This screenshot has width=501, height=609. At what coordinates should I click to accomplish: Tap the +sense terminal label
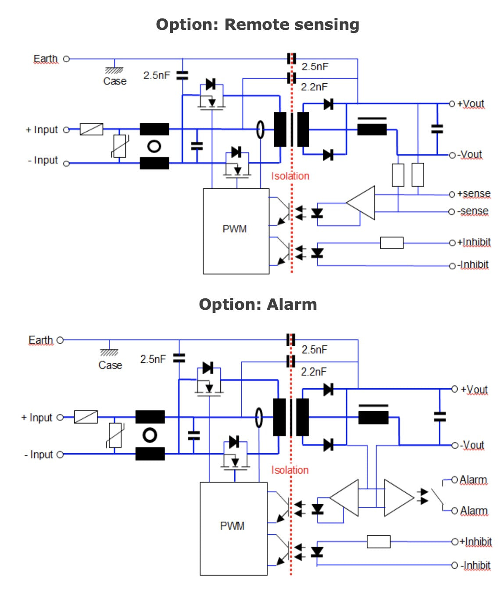[x=474, y=194]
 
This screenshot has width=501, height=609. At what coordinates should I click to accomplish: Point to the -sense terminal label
[x=473, y=211]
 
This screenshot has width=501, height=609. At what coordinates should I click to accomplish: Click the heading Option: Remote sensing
[x=258, y=25]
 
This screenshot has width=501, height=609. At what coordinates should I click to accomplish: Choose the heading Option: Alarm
[x=258, y=304]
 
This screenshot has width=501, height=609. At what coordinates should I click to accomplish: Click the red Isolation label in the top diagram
[x=290, y=176]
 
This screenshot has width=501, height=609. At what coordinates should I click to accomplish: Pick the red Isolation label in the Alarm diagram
[x=290, y=470]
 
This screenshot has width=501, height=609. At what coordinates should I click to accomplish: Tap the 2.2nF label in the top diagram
[x=314, y=87]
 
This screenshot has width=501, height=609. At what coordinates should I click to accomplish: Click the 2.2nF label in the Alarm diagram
[x=314, y=372]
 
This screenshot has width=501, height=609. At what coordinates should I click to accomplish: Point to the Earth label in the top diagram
[x=46, y=59]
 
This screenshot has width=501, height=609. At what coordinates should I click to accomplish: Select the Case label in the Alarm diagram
[x=110, y=365]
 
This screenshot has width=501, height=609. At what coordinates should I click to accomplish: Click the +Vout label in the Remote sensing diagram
[x=471, y=104]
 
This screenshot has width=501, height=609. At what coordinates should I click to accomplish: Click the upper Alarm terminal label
[x=473, y=480]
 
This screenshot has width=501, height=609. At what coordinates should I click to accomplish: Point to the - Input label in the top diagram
[x=43, y=160]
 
